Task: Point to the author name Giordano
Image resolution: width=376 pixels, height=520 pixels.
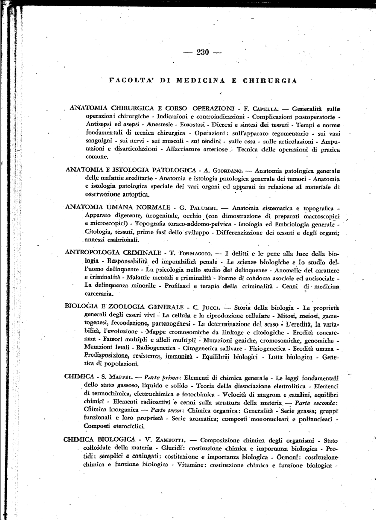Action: (x=227, y=171)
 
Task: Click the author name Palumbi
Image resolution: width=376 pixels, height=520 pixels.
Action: (x=198, y=208)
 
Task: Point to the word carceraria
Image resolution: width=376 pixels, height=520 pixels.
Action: (x=99, y=294)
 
